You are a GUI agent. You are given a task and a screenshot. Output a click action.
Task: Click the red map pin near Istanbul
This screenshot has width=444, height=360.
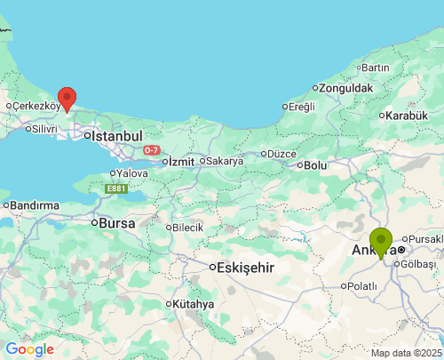point(67,99)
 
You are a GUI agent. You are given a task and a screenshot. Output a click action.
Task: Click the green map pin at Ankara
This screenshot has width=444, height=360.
point(381,241)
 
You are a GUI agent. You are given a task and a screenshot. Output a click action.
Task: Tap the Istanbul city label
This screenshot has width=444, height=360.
point(117,136)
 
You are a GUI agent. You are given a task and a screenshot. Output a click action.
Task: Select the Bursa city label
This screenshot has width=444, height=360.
point(117,223)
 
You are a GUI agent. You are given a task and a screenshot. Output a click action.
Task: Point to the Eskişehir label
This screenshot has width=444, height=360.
point(247,268)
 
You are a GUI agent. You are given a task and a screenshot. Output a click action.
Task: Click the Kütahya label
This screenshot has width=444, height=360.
point(194,304)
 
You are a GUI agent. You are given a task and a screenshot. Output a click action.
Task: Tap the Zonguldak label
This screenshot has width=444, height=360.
point(347,88)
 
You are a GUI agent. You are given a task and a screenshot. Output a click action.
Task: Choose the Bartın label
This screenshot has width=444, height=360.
point(375,68)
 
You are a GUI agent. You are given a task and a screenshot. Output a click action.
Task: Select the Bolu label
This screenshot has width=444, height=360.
point(315,164)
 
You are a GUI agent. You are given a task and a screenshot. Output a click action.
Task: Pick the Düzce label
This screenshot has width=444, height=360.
point(281,153)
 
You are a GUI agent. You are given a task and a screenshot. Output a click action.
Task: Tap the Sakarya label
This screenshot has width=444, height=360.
point(225,161)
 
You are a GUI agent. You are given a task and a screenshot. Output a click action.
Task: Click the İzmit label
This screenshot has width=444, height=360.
point(181,161)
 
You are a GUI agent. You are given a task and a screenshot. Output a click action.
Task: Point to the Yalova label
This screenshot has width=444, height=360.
point(131,172)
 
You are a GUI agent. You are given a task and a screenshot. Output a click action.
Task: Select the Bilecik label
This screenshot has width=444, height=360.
point(187,228)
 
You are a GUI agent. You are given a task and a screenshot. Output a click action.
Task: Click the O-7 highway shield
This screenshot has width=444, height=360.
point(152,149)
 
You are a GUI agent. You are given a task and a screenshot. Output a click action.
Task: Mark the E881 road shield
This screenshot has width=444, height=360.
point(115,188)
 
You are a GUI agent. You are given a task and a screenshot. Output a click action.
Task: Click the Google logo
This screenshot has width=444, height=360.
point(29,349)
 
